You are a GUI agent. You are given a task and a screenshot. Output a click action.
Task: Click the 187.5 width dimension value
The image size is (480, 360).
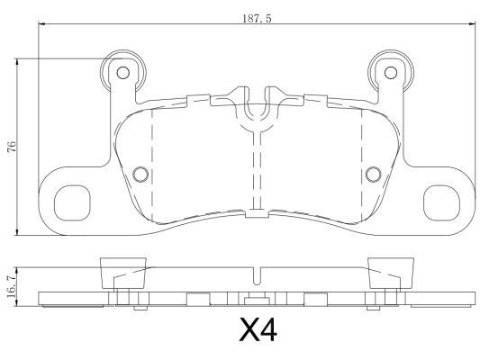[x=258, y=18]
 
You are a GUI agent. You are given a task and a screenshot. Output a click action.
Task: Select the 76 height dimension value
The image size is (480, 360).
[x=12, y=147]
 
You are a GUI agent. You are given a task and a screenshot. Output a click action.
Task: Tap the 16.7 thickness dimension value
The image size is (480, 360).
[x=12, y=287]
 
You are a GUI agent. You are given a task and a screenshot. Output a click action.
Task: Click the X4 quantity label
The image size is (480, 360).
[x=258, y=329]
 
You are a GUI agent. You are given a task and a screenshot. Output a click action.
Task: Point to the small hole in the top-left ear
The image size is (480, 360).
[x=123, y=73]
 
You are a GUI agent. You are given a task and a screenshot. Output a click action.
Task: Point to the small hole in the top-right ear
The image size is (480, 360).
[x=391, y=73]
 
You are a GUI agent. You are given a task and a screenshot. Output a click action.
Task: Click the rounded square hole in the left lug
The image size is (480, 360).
[x=72, y=203]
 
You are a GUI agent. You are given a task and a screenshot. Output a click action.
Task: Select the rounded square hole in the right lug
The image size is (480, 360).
[x=441, y=203]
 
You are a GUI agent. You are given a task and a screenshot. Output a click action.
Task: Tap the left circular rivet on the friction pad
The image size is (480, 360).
[x=140, y=175]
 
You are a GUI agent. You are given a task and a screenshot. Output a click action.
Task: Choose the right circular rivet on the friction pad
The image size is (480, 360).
[x=374, y=175]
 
